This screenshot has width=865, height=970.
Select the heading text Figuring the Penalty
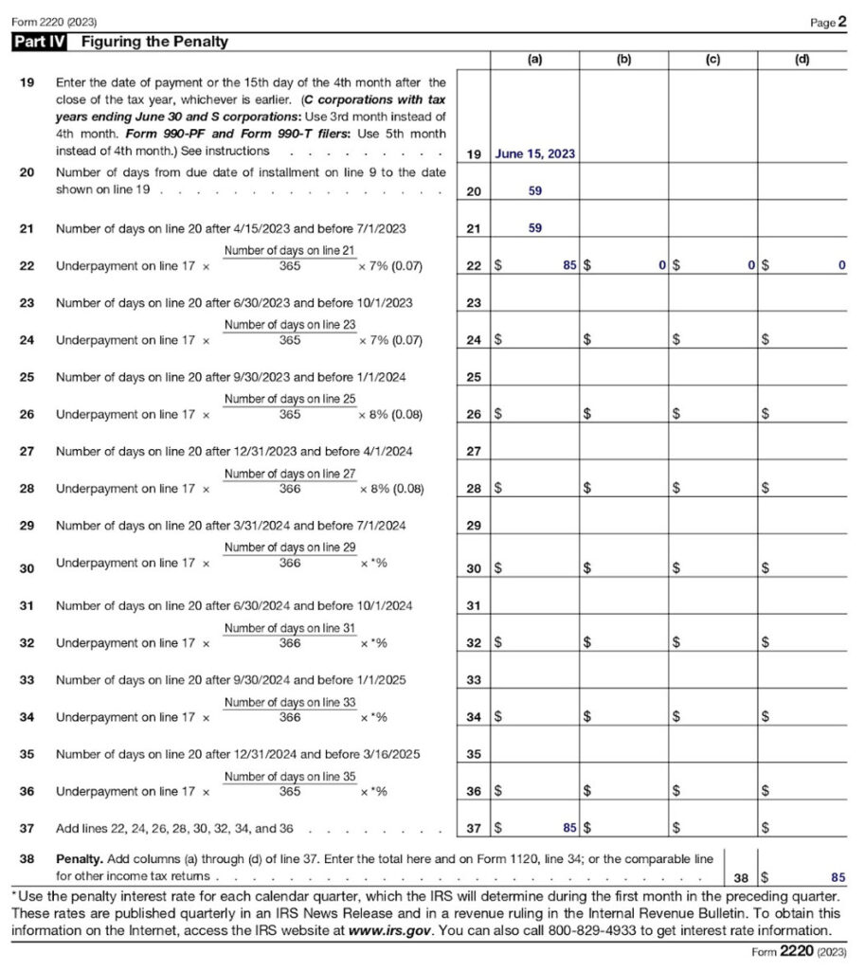[154, 42]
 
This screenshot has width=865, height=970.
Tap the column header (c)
[712, 59]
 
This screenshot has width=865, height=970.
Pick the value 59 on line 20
[535, 190]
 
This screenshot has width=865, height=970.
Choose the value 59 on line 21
[535, 228]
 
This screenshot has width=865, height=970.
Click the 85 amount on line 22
[568, 266]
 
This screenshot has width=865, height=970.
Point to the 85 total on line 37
[568, 828]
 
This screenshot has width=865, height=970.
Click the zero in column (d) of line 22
[840, 266]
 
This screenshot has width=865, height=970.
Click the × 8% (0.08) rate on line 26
[390, 414]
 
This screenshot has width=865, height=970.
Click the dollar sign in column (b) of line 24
[587, 340]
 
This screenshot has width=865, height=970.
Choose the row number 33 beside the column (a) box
[474, 679]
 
